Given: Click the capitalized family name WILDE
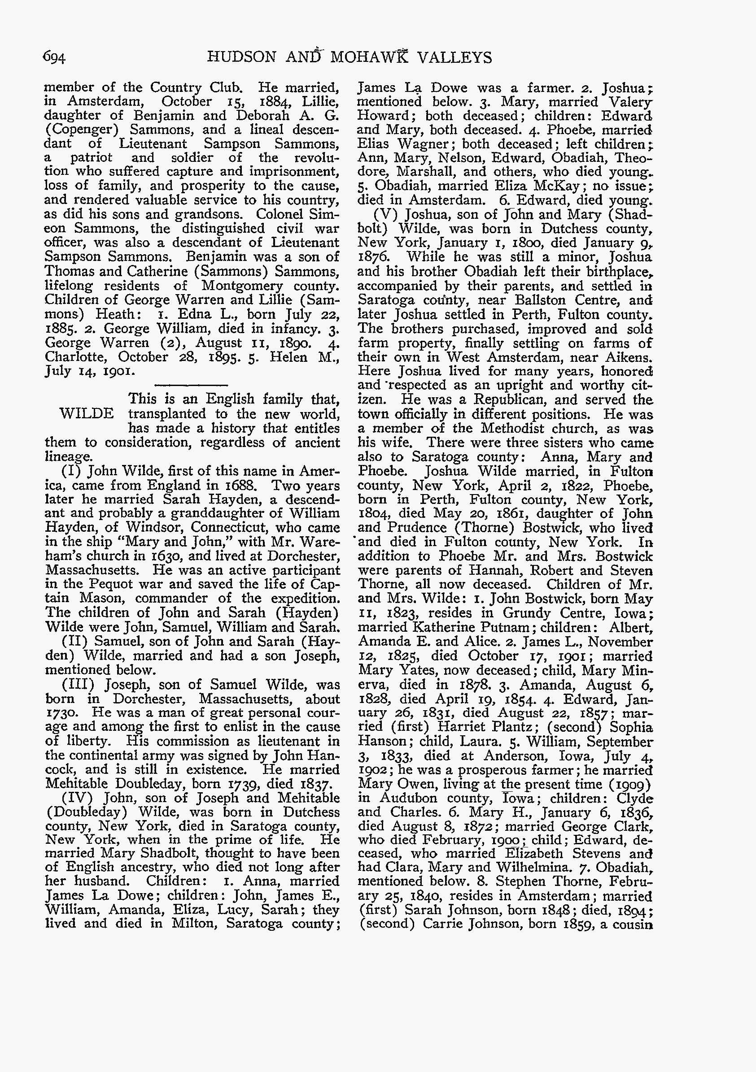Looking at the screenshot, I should tap(87, 414).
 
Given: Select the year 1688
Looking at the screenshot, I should tap(236, 485).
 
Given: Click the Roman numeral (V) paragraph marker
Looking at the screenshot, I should tap(388, 215).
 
